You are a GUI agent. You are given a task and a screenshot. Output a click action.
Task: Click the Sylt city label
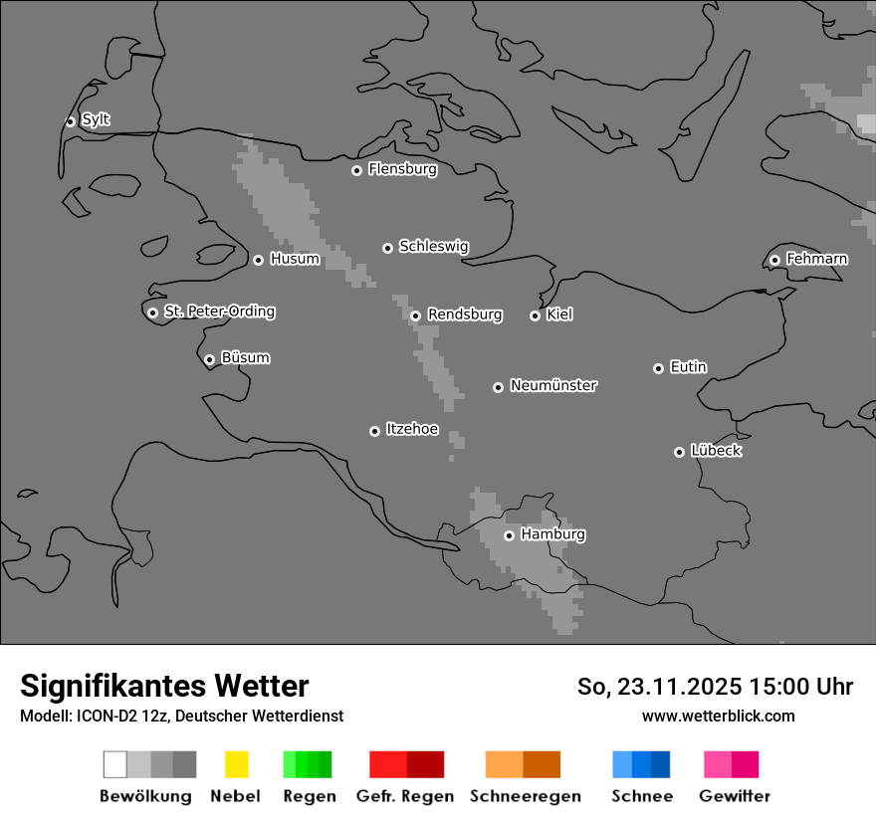point(96,120)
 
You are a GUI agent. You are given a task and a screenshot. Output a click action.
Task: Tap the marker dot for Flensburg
point(356,170)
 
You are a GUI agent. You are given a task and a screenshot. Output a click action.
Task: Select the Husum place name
point(295,260)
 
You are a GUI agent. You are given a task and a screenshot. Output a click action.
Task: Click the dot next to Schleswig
point(387,248)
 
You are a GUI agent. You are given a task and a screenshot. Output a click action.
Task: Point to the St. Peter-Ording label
point(219,312)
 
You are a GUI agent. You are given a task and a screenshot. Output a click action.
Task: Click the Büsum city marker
point(209,359)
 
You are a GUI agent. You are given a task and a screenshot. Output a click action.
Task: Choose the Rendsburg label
point(465,315)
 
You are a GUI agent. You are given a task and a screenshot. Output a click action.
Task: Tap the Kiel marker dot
point(535,315)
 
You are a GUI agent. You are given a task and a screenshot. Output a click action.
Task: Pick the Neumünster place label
point(553,386)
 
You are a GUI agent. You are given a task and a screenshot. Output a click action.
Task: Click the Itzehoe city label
point(412,430)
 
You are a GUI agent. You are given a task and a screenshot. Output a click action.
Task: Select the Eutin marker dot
point(658,368)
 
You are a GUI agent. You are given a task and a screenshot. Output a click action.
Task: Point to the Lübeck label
point(716,452)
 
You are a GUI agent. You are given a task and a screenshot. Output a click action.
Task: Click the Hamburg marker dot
point(509,535)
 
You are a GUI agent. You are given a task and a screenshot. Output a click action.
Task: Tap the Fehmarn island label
point(816,260)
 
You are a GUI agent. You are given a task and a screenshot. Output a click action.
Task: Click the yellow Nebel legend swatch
point(236,764)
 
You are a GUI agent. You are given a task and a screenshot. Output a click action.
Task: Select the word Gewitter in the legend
point(735,796)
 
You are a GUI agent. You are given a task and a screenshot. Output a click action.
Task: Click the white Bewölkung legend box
point(115,764)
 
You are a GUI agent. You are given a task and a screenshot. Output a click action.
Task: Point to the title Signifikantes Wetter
point(164,687)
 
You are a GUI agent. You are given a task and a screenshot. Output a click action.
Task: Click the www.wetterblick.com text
point(718,717)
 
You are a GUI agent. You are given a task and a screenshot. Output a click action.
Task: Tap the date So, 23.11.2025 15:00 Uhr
point(715,687)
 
